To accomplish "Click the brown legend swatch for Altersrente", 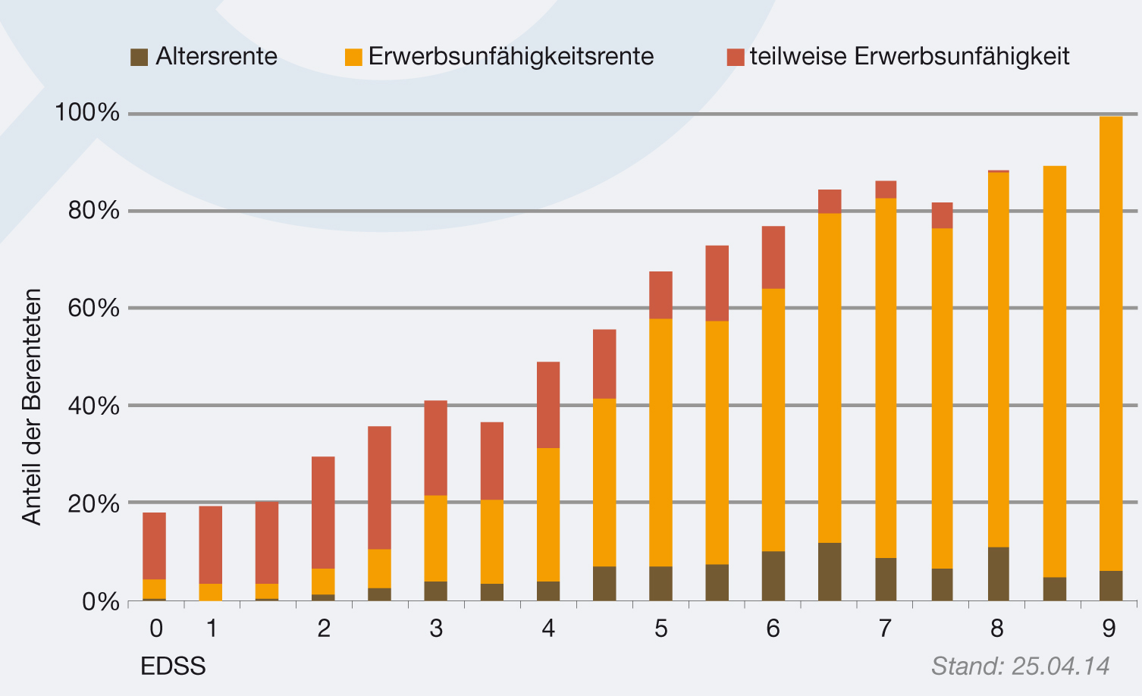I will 139,57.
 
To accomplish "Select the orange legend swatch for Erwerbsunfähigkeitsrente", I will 353,57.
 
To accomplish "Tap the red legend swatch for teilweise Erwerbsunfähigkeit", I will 735,57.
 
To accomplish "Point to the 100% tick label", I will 87,113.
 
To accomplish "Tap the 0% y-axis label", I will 101,602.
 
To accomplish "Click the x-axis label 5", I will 660,629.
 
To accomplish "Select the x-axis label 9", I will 1109,629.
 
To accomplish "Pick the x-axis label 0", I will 155,629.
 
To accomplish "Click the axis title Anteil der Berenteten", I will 31,406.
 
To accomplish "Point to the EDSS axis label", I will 173,666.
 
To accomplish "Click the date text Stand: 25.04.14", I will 1020,666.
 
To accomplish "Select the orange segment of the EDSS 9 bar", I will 1111,341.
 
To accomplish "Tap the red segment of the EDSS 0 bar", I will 155,546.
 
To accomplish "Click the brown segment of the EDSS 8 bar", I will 999,573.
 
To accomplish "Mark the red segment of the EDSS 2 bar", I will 323,513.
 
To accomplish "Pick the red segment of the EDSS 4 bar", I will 548,405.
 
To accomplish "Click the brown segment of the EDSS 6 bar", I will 773,575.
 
